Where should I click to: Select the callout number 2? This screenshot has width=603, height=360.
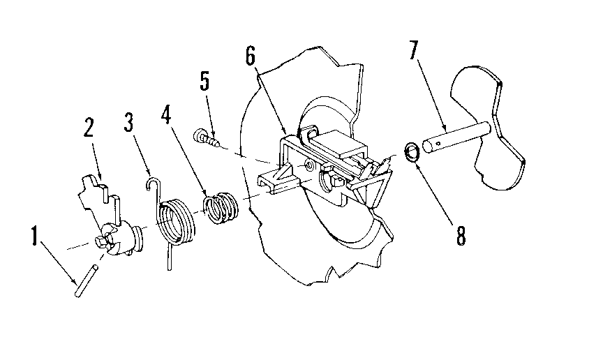point(89,130)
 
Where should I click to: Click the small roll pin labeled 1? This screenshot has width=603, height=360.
point(85,278)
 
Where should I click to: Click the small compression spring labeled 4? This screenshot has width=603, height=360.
point(222,207)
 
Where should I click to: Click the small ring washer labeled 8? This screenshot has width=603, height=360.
point(413,151)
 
